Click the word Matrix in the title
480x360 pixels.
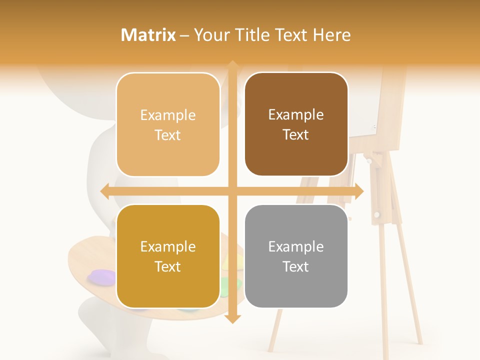point(148,35)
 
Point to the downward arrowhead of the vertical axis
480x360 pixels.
point(232,319)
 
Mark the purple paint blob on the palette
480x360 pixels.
point(101,277)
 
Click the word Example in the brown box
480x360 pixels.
point(296,115)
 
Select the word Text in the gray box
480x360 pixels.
point(296,266)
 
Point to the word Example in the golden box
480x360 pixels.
point(168,246)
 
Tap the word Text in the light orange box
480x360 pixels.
point(168,135)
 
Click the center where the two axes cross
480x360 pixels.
point(232,191)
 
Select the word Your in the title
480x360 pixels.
point(212,35)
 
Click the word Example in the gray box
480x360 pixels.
point(296,246)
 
